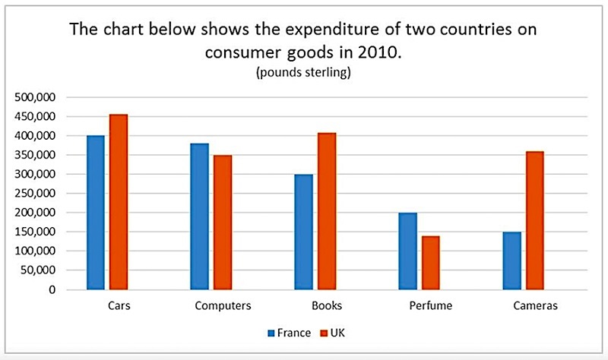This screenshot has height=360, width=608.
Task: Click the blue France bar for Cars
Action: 96,213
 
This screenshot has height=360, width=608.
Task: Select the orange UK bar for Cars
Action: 119,202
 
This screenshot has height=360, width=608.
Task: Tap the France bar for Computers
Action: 200,216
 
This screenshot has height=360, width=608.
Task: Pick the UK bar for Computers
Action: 223,223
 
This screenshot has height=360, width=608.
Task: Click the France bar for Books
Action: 303,232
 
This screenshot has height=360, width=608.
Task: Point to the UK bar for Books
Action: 327,211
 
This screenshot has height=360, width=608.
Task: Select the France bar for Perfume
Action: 408,251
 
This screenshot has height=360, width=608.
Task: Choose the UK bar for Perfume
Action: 431,263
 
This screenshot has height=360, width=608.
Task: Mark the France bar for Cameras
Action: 511,261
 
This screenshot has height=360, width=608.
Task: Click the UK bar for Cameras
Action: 535,220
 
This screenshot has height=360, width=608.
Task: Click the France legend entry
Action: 290,333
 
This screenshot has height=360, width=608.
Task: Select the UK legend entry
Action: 332,333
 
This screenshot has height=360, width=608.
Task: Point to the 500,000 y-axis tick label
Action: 35,97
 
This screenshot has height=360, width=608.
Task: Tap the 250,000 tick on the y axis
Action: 35,194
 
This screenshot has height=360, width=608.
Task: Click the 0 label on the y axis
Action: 52,290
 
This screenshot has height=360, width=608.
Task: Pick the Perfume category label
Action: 431,306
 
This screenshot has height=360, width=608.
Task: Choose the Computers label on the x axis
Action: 223,306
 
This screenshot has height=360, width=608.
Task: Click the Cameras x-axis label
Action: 536,306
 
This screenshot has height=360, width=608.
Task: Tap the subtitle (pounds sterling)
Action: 303,72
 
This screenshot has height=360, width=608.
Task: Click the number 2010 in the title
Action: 378,52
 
